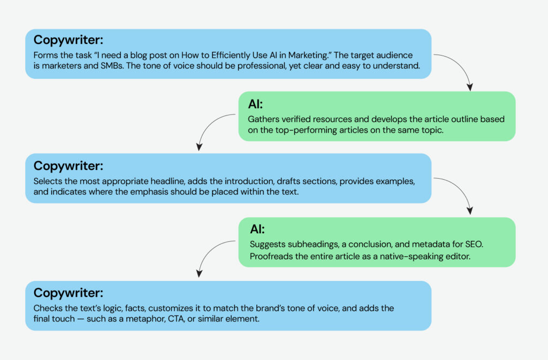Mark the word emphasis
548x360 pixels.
[x=145, y=193]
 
